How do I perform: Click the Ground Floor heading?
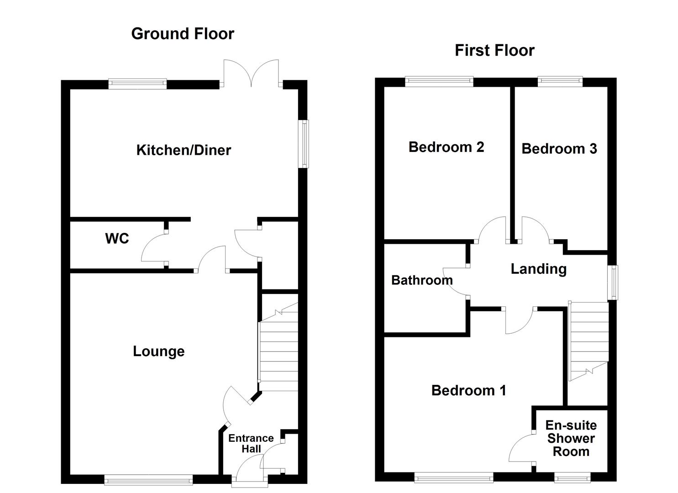point(183,34)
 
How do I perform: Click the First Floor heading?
point(494,50)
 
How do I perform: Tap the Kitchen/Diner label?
point(184,150)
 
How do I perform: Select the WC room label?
point(117,238)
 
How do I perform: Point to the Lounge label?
point(158,351)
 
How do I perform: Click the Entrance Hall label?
point(251,443)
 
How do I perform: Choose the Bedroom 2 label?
point(446,147)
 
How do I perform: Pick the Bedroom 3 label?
point(559,148)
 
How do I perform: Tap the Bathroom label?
point(422,280)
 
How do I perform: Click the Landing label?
point(538,269)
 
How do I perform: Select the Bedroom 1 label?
point(468,390)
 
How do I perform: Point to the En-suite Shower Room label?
point(571,438)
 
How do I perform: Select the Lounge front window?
point(148,479)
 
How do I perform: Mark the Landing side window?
point(613,283)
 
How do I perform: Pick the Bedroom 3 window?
point(560,82)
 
